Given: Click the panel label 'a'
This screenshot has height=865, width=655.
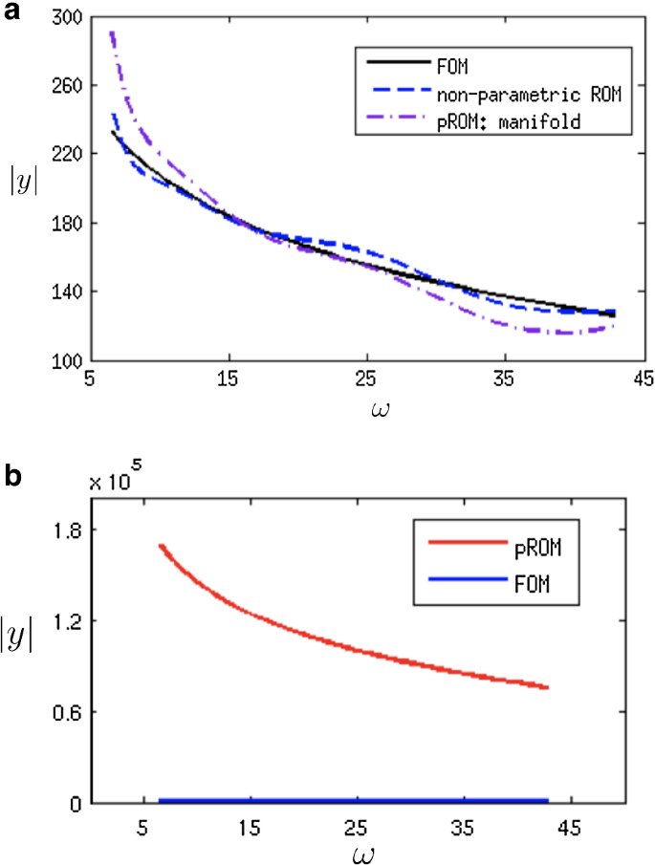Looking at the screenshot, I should pos(11,11).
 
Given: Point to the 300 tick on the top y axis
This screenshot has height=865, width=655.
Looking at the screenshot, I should pos(69,16).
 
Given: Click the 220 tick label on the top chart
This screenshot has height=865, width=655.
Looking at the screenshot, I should pos(69,154).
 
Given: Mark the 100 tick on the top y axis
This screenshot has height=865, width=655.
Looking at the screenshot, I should pos(69,361).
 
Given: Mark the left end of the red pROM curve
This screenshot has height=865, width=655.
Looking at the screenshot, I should pos(161,547).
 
